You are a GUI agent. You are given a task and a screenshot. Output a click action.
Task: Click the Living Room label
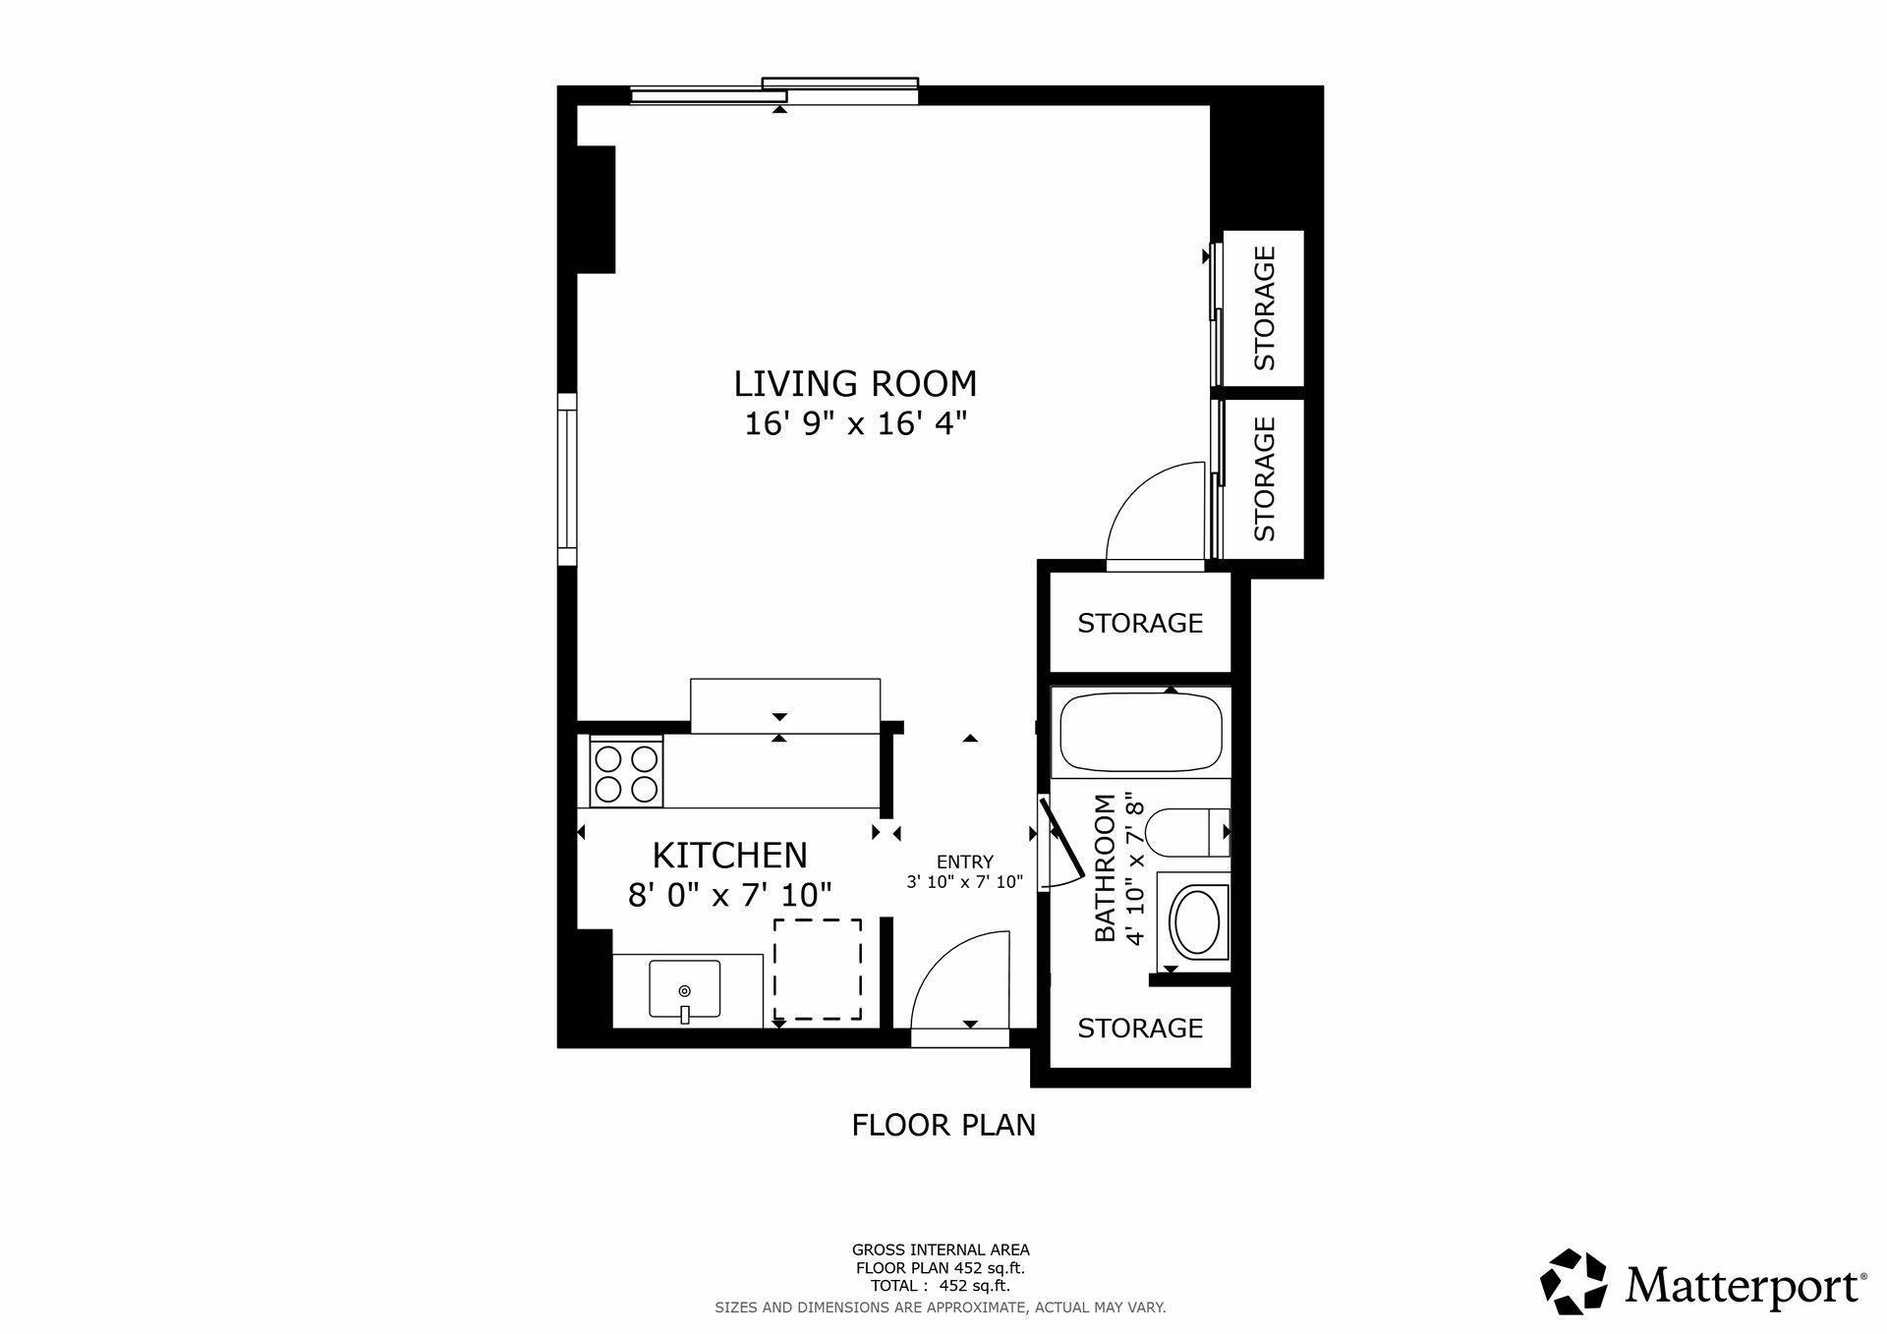[x=855, y=383]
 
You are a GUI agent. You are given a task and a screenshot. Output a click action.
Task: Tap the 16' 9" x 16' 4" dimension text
[x=856, y=424]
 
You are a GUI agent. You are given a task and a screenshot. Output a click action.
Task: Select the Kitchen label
[x=730, y=856]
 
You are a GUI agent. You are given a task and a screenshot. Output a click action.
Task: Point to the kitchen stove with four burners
[x=626, y=773]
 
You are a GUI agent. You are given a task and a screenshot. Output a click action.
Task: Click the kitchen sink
[x=685, y=991]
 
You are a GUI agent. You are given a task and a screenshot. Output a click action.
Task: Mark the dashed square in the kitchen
[x=818, y=970]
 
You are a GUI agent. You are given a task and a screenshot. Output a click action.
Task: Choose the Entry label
[x=964, y=862]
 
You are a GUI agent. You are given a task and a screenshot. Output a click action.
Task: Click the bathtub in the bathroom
[x=1140, y=733]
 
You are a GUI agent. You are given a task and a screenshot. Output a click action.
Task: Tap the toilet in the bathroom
[x=1188, y=832]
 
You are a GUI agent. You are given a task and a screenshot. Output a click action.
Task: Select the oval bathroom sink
[x=1196, y=922]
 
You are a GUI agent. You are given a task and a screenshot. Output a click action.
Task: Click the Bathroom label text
[x=1106, y=868]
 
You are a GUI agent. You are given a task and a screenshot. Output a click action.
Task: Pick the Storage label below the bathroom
[x=1140, y=1028]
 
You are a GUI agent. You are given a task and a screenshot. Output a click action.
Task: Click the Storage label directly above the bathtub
[x=1140, y=623]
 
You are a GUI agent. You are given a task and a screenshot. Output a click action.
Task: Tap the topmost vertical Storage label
[x=1265, y=307]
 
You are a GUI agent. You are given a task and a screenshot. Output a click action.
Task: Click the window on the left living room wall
[x=567, y=479]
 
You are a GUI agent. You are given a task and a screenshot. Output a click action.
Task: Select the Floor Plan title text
[x=943, y=1125]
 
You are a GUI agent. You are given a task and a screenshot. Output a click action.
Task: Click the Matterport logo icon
[x=1572, y=1281]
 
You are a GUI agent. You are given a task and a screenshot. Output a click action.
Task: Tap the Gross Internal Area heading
[x=941, y=1250]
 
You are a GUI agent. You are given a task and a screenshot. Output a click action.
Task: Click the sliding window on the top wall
[x=774, y=91]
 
